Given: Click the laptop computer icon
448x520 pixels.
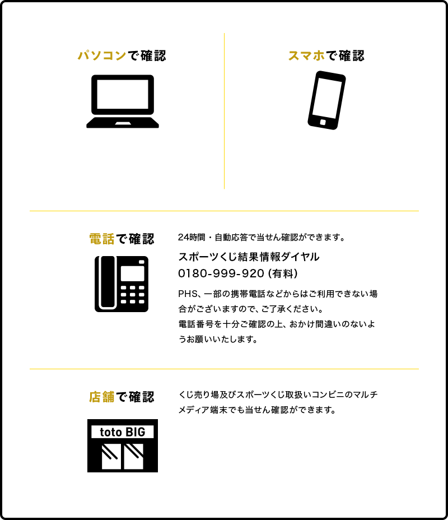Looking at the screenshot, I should tap(122, 101).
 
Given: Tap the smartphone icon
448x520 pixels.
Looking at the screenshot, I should tap(326, 100).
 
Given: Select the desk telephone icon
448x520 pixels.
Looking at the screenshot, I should tap(122, 284).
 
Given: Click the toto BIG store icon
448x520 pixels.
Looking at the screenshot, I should tap(122, 445).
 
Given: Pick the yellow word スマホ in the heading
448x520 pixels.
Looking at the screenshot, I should tap(307, 56).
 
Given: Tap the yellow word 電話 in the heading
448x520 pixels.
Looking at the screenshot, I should tap(101, 239).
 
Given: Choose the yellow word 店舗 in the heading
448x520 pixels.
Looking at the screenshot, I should tap(101, 397).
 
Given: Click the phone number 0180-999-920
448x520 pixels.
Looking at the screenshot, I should tap(221, 274).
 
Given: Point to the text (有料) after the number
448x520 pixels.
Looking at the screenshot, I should tap(283, 274).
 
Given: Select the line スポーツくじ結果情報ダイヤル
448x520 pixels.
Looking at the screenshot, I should tap(249, 257).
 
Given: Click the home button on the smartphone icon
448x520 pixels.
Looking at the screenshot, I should tap(322, 122).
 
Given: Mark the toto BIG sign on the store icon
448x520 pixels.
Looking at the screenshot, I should tap(122, 432).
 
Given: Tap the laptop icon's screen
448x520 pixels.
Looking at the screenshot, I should tap(122, 94).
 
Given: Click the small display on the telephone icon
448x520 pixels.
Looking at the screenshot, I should tap(133, 273).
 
